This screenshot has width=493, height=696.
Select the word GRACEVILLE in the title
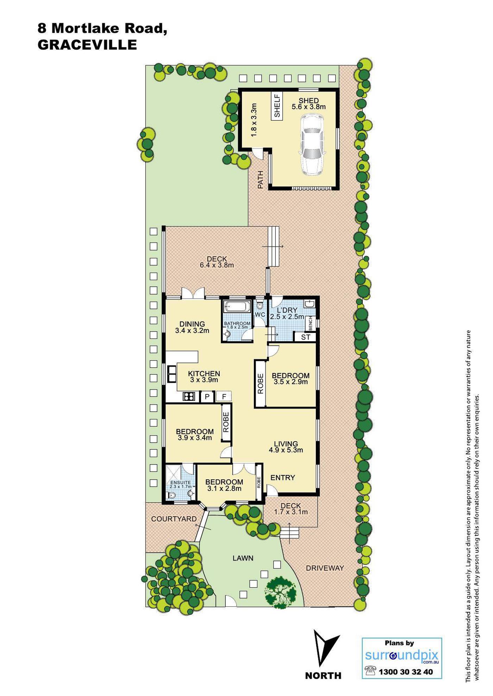click(x=87, y=45)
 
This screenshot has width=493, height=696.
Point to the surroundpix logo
click(x=402, y=656)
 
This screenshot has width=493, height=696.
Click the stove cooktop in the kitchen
click(x=189, y=397)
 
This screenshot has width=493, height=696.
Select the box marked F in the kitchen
click(x=224, y=397)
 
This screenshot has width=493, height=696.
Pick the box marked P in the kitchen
click(x=207, y=397)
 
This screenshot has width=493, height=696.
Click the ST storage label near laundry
click(x=306, y=337)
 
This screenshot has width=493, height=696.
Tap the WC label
click(x=260, y=315)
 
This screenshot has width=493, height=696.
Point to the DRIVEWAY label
click(x=325, y=568)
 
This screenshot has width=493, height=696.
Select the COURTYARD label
click(x=174, y=519)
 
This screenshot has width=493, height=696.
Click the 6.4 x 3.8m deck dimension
click(x=217, y=265)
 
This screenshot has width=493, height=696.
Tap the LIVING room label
click(x=286, y=444)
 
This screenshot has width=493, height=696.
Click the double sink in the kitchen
click(x=172, y=374)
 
